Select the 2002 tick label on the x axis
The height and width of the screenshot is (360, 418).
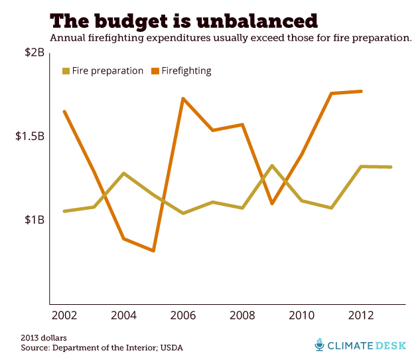coord(64,314)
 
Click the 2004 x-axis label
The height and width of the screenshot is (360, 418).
coord(123,314)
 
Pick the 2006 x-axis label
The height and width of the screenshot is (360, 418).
coord(182,314)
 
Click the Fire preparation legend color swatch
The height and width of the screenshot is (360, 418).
coord(66,70)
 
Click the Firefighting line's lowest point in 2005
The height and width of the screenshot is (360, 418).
coord(153,251)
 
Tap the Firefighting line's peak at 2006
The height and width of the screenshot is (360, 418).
coord(182,98)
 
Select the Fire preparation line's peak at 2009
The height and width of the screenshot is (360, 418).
coord(272,165)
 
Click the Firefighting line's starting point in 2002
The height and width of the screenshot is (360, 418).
coord(64,111)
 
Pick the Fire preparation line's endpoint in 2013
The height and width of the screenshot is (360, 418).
coord(391,167)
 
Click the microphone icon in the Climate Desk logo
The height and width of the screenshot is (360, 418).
coord(320,345)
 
